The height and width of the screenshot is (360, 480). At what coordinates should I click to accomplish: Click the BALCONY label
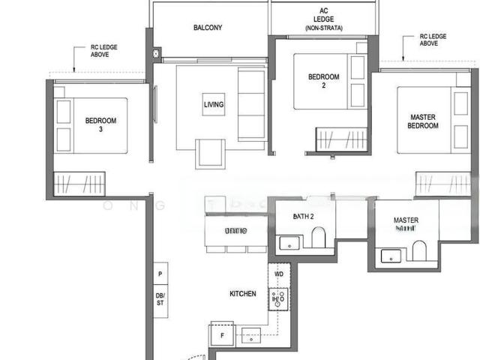point(208,28)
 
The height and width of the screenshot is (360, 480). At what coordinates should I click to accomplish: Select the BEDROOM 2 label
point(324,80)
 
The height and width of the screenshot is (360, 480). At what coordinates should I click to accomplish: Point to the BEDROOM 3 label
point(100,124)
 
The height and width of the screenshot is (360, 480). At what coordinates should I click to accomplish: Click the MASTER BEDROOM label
point(423,121)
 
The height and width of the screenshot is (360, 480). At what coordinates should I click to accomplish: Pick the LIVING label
point(214,104)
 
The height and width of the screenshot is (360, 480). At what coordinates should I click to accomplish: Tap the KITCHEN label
point(242,294)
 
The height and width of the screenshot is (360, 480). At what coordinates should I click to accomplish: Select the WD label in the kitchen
point(279,274)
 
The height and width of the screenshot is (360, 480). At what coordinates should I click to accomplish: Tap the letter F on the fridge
point(220,335)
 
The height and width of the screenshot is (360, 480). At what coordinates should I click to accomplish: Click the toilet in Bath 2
point(319,238)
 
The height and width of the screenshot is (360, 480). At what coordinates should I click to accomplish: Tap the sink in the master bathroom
point(391,256)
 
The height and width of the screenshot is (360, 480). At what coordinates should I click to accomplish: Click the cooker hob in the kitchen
point(278,299)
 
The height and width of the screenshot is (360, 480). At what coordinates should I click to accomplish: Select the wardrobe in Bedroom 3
point(78,183)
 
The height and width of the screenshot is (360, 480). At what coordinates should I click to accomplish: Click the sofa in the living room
point(250,104)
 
